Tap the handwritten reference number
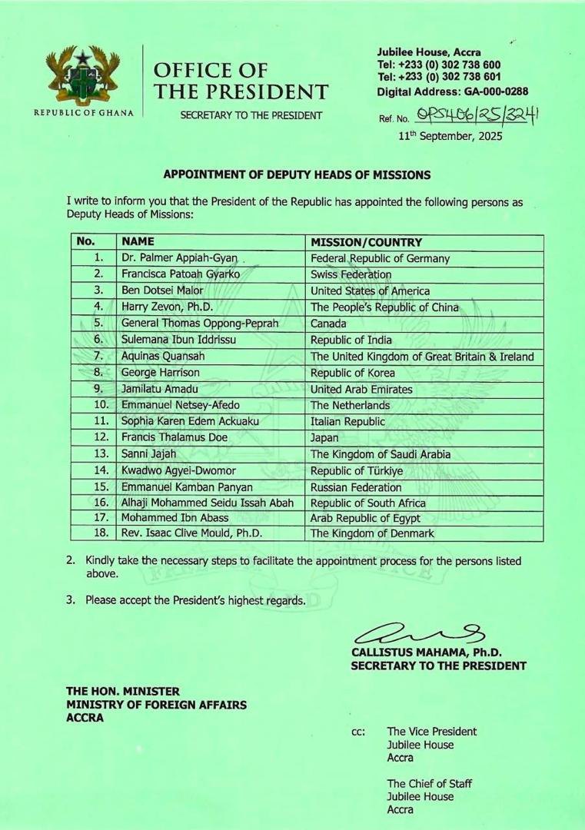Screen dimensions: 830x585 pyautogui.click(x=477, y=116)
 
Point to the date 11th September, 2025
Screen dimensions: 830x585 pyautogui.click(x=450, y=136)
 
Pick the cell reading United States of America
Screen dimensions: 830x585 pyautogui.click(x=370, y=291)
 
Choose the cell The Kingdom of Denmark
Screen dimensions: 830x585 pyautogui.click(x=372, y=533)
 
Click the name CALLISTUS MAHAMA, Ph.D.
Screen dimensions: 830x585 pyautogui.click(x=427, y=652)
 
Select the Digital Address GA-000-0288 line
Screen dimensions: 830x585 pyautogui.click(x=452, y=91)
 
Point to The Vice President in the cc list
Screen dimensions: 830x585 pyautogui.click(x=431, y=732)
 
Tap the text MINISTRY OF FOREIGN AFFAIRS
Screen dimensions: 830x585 pyautogui.click(x=157, y=705)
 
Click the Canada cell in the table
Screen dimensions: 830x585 pyautogui.click(x=328, y=324)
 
